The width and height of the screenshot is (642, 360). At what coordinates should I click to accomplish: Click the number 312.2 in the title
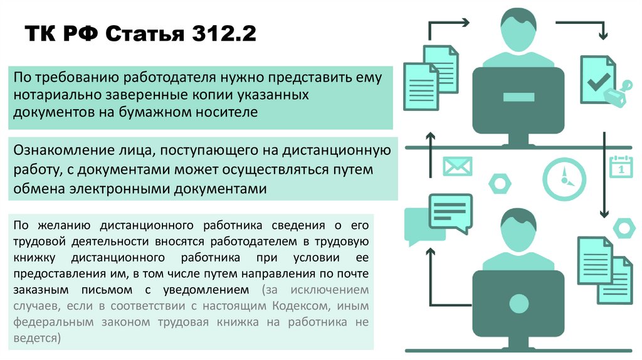point(221,33)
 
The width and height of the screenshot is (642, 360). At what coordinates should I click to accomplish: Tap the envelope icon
point(457,166)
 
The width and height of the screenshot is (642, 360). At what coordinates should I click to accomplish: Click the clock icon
point(564,177)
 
